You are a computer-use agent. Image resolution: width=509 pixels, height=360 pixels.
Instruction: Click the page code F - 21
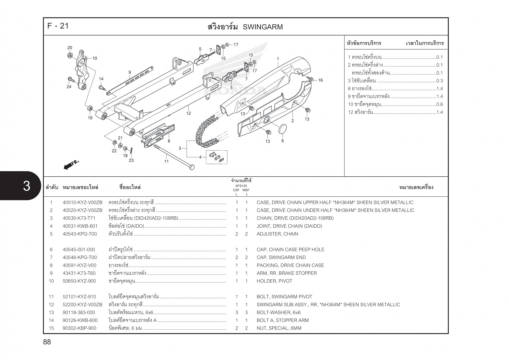58,26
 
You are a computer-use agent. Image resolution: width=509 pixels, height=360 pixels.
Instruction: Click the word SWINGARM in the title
263,27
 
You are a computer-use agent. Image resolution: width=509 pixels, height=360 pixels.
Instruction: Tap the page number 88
47,342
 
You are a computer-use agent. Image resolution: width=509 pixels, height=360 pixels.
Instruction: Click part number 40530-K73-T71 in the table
79,218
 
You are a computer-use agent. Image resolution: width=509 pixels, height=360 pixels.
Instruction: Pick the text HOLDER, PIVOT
274,281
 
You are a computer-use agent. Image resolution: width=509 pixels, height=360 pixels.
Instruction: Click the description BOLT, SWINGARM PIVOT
284,297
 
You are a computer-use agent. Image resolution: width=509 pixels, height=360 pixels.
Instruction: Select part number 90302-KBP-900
79,328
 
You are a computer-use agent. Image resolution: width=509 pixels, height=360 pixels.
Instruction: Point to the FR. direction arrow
71,164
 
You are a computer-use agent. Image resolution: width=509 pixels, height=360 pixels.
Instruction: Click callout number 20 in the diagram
70,48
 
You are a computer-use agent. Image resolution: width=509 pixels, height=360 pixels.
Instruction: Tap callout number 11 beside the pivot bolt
166,161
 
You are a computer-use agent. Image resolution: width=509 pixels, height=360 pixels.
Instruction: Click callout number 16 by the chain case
320,80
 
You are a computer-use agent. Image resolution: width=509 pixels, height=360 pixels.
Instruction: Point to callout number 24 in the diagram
69,87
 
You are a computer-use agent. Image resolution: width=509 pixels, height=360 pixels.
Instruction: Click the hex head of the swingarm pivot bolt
191,167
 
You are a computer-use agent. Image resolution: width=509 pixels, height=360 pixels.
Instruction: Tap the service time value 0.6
439,104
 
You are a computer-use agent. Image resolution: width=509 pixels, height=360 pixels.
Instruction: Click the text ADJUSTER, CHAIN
277,234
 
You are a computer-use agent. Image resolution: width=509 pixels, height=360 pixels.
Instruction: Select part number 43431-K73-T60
79,273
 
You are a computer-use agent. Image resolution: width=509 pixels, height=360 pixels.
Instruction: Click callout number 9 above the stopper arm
130,72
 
